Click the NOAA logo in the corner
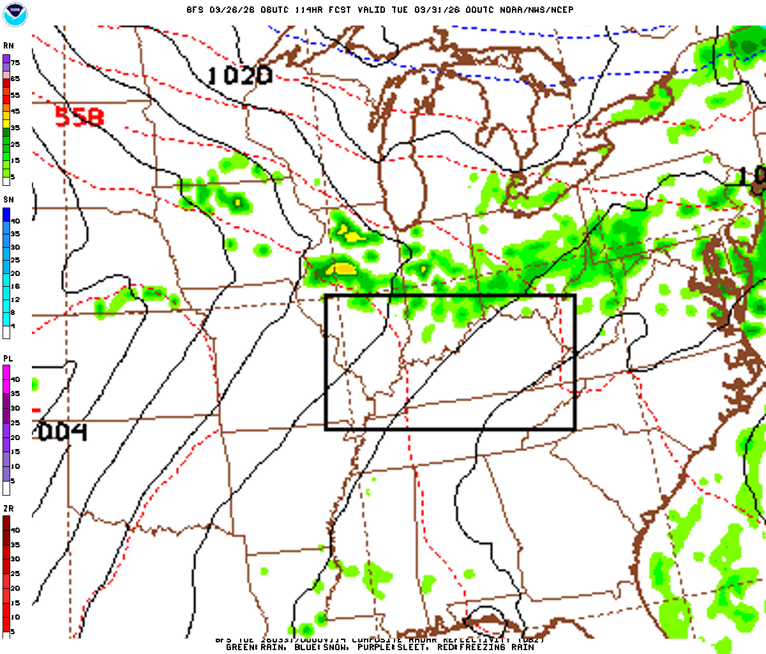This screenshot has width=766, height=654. click(x=15, y=15)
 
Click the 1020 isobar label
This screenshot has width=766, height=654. click(x=239, y=76)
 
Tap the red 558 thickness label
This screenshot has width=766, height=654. click(x=79, y=117)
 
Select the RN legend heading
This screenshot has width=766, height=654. click(x=8, y=46)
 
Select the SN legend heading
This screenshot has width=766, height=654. click(x=8, y=200)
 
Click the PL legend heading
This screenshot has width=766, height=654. click(x=8, y=359)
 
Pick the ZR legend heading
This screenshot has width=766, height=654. click(x=8, y=509)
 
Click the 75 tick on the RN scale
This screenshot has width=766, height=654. click(x=15, y=63)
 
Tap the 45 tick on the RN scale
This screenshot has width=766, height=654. click(x=15, y=112)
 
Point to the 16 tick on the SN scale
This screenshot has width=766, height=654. click(x=15, y=287)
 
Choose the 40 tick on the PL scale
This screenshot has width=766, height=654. click(x=15, y=379)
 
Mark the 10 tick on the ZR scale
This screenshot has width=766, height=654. click(x=15, y=617)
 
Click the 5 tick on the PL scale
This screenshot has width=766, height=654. click(x=12, y=481)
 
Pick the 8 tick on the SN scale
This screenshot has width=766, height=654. click(x=13, y=313)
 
